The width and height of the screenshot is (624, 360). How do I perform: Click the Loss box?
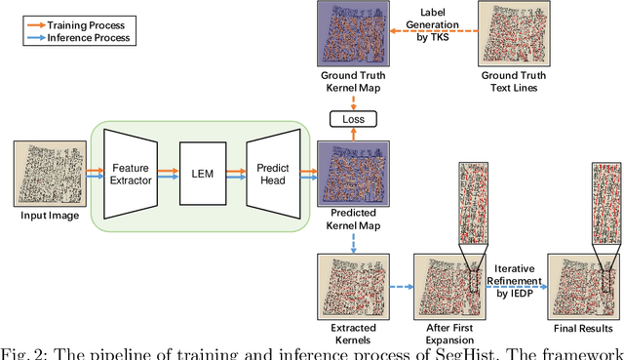click(347, 119)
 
